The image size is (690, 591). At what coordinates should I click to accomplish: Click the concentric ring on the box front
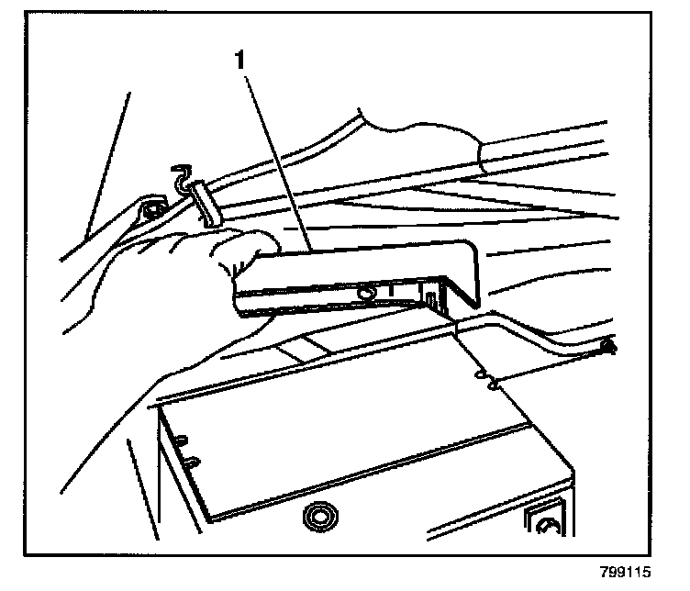[319, 517]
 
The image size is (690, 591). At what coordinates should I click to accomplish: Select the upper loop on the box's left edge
[183, 439]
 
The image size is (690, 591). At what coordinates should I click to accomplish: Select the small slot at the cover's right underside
[429, 297]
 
